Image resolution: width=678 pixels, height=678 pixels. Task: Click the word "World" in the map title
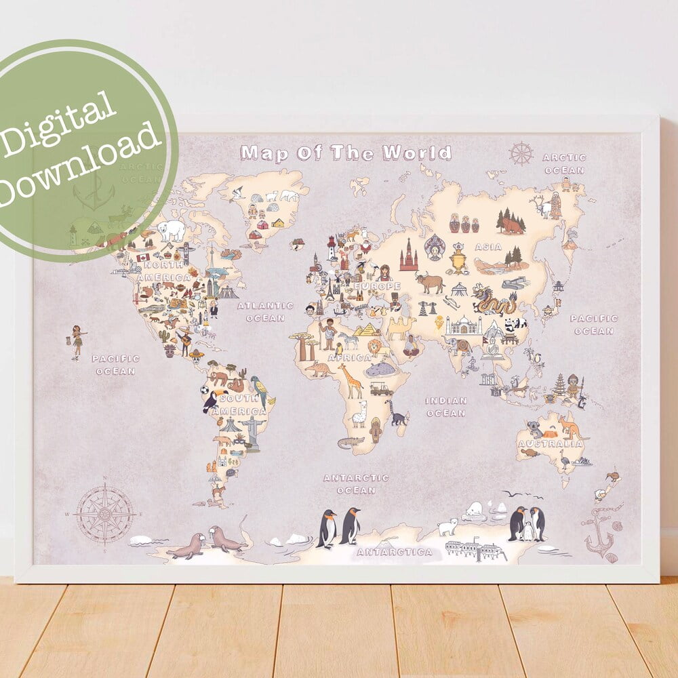tap(417, 153)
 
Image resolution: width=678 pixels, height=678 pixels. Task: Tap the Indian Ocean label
tap(446, 407)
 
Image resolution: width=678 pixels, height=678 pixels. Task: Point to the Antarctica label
tap(394, 552)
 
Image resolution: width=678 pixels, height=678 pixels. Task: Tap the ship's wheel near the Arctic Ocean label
tap(521, 153)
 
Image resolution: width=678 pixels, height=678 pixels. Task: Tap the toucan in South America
tap(211, 401)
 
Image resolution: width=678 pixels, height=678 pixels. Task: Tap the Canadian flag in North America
tap(142, 257)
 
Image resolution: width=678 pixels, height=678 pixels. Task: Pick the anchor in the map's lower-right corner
tap(598, 533)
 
